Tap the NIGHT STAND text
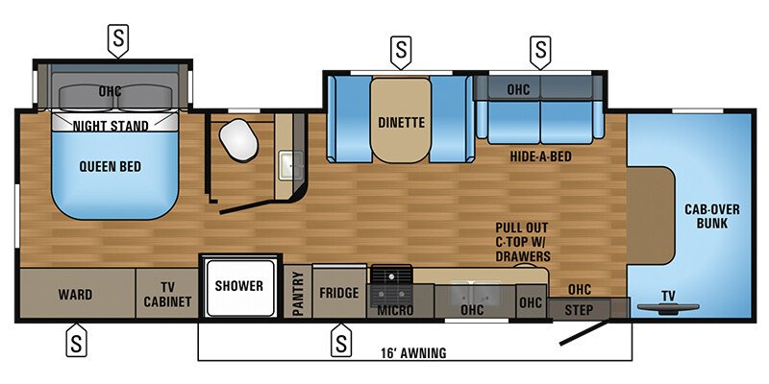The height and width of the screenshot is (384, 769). pyautogui.click(x=112, y=126)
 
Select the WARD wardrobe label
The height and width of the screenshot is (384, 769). pyautogui.click(x=74, y=294)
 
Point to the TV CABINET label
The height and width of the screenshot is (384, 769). pyautogui.click(x=167, y=294)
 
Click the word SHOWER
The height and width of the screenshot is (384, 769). pyautogui.click(x=238, y=286)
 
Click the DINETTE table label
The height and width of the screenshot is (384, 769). pyautogui.click(x=401, y=123)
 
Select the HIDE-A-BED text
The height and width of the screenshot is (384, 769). pyautogui.click(x=537, y=154)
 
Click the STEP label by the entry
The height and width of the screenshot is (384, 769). pyautogui.click(x=579, y=311)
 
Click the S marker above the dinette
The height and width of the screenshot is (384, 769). pyautogui.click(x=401, y=47)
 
